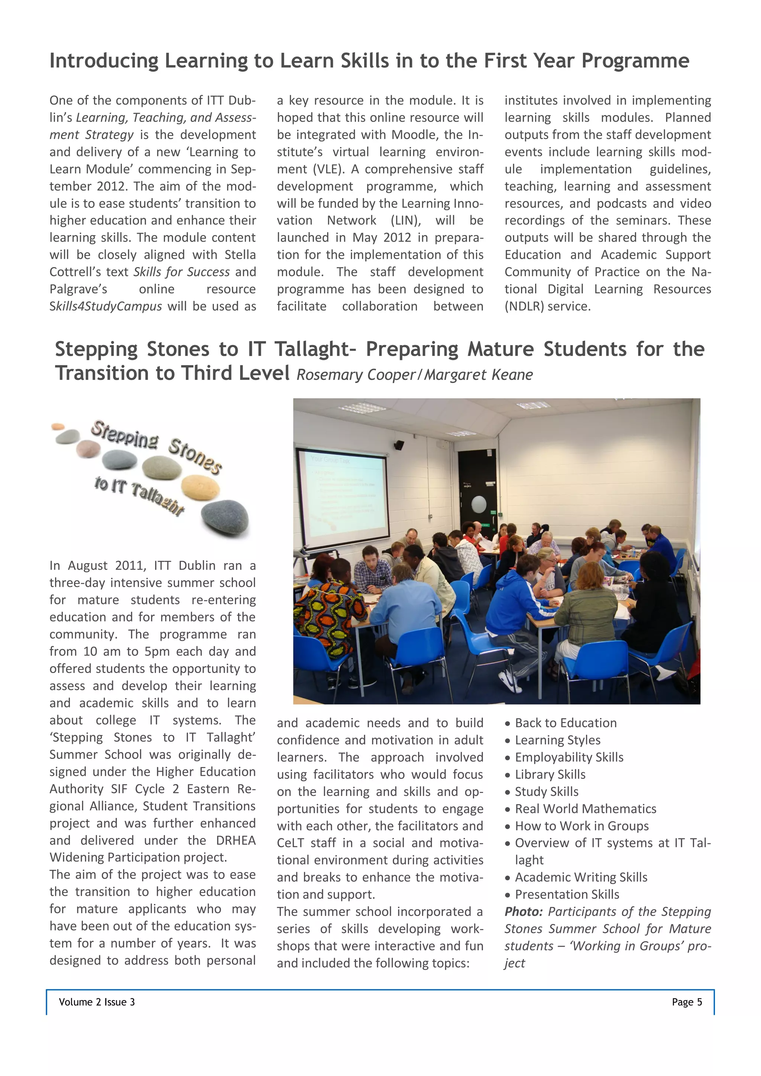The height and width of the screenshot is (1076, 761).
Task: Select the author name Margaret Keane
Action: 478,375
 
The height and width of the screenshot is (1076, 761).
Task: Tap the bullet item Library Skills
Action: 550,775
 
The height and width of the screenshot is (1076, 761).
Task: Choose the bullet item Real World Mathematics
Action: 585,809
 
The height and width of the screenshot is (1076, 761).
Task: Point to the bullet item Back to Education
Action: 566,723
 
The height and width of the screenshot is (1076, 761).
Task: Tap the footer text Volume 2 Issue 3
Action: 97,1002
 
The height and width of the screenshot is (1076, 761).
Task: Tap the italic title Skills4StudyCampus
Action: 106,306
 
